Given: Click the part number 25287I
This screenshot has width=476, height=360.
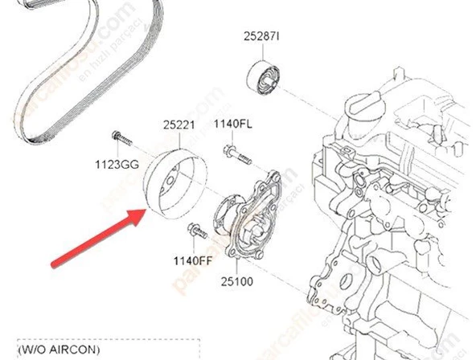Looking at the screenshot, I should click(263, 36).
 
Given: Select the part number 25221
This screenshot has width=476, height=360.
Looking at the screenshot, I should click(179, 125).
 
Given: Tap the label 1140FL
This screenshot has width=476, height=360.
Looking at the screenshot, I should click(232, 124).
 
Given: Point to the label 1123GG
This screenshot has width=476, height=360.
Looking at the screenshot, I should click(117, 164).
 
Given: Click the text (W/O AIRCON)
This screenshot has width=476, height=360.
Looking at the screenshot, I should click(60, 350).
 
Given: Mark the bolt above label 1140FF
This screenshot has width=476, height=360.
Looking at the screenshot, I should click(194, 233).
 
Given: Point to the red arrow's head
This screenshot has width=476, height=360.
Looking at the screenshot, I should click(143, 213).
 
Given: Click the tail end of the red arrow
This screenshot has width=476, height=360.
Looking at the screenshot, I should click(54, 265).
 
